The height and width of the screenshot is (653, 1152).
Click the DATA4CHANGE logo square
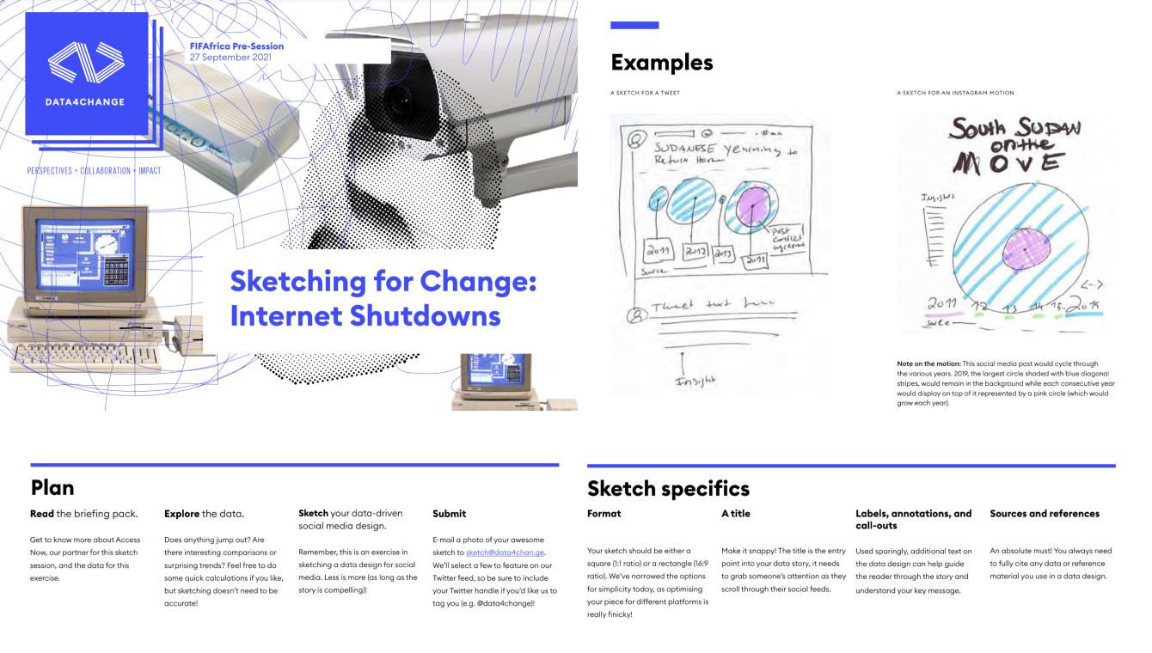(x=86, y=74)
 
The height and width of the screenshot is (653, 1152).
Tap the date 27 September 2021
(x=225, y=58)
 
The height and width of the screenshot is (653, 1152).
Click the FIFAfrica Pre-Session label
(x=236, y=46)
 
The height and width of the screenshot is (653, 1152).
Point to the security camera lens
(x=395, y=102)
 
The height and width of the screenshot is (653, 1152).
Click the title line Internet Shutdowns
(x=365, y=315)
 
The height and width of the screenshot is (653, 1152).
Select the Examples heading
(x=661, y=63)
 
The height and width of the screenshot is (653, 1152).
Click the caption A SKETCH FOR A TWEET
(x=645, y=93)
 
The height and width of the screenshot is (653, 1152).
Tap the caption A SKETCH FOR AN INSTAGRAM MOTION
(x=955, y=93)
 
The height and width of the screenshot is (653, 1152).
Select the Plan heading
(x=52, y=488)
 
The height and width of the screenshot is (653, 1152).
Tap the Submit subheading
(x=449, y=514)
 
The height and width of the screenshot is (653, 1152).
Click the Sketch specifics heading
(x=668, y=489)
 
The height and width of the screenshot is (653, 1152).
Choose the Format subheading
(x=604, y=514)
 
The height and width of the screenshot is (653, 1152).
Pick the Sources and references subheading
(x=1044, y=514)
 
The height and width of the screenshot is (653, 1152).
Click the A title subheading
(x=735, y=514)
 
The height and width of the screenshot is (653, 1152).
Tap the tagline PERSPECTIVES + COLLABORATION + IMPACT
(x=94, y=171)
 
